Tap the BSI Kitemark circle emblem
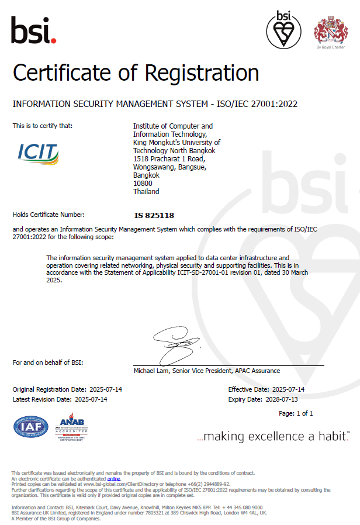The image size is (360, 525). pyautogui.click(x=285, y=30)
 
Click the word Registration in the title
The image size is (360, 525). pyautogui.click(x=202, y=74)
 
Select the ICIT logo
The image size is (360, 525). pyautogui.click(x=39, y=153)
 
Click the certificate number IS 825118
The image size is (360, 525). pyautogui.click(x=154, y=215)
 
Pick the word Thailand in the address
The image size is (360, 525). pyautogui.click(x=146, y=192)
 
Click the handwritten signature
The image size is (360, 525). pyautogui.click(x=175, y=345)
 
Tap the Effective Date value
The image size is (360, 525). pyautogui.click(x=288, y=389)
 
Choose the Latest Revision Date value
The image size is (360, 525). pyautogui.click(x=91, y=399)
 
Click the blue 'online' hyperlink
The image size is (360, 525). pyautogui.click(x=113, y=479)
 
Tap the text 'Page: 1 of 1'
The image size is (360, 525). pyautogui.click(x=296, y=413)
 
